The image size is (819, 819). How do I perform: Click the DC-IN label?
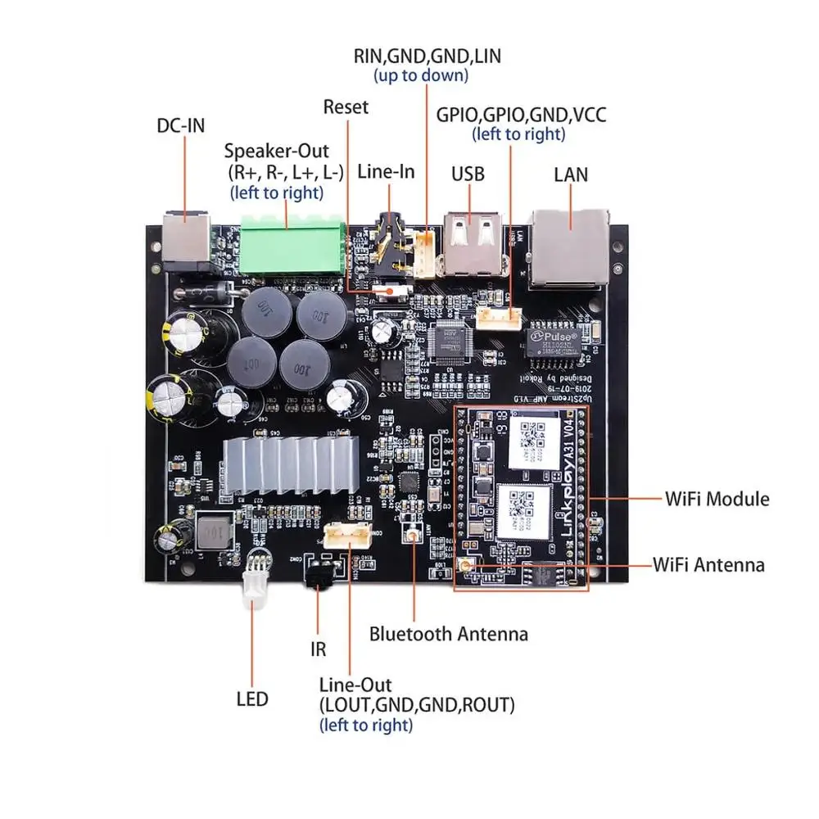[180, 125]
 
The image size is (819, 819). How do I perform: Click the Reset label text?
[346, 106]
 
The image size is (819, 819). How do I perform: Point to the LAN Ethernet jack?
[572, 248]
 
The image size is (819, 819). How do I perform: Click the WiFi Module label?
[717, 498]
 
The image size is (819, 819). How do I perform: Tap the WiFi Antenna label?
[708, 564]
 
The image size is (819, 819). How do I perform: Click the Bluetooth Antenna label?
[448, 633]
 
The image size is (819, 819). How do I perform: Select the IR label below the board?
[318, 650]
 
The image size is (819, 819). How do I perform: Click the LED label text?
[251, 699]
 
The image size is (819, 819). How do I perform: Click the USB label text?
[468, 174]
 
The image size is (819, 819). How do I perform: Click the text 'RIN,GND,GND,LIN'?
[427, 57]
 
